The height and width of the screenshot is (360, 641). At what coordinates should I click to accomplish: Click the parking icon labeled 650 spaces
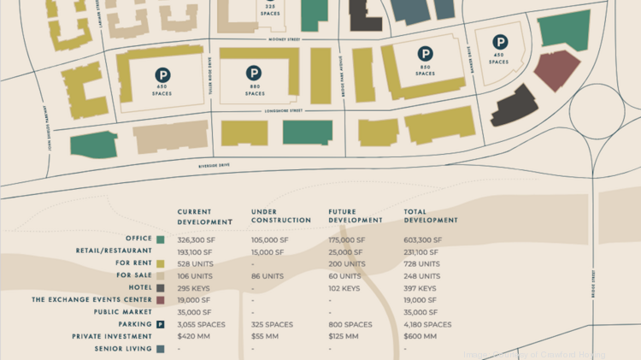162,76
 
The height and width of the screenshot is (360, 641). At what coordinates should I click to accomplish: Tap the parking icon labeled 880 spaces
254,74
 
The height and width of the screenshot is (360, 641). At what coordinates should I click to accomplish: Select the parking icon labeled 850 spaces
425,54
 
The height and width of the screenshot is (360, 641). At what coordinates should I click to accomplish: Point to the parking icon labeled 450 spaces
499,41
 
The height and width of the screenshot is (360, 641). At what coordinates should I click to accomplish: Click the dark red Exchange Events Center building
556,70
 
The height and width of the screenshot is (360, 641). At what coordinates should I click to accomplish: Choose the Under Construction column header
277,216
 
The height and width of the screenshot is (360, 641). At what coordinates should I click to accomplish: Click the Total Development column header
431,216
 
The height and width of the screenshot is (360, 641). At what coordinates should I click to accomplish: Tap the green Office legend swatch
160,239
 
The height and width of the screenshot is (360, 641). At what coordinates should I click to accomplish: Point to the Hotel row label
137,288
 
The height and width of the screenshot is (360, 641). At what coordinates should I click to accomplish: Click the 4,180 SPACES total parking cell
427,325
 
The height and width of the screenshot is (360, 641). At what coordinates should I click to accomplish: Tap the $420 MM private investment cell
193,337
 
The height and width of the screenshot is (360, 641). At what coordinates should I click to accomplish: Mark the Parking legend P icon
160,325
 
